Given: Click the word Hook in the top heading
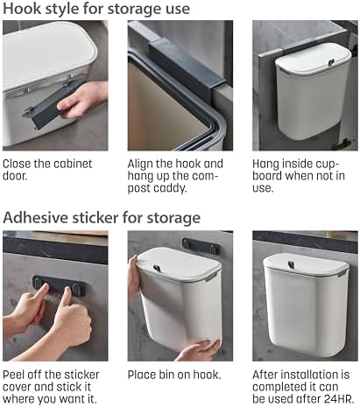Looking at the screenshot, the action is (x=22, y=9).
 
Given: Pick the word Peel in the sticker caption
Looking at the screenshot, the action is (x=13, y=375).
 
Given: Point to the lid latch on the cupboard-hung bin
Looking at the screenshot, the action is (x=331, y=62).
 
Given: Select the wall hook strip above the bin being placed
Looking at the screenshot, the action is (x=201, y=246).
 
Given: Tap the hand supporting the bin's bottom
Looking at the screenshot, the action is (x=199, y=350).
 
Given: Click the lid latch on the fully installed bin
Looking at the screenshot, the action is (x=291, y=264).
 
